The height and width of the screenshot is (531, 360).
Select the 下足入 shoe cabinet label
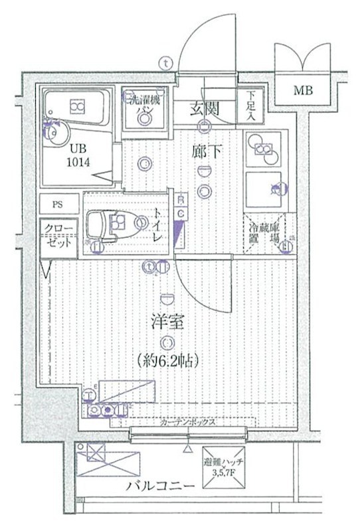point(251,106)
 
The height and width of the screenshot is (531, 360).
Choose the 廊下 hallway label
point(207,152)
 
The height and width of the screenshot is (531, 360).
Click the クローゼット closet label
point(57,235)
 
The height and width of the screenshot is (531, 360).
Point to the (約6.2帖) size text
point(169,361)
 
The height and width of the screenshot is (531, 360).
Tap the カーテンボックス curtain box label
point(185,422)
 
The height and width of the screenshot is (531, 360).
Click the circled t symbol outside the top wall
point(165,62)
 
